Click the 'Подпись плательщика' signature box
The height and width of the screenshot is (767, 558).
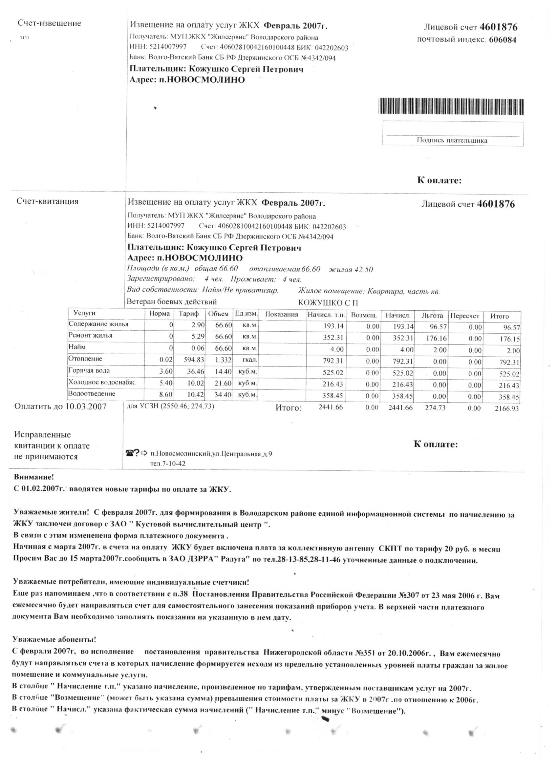pyautogui.click(x=453, y=134)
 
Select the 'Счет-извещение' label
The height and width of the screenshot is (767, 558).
pyautogui.click(x=50, y=23)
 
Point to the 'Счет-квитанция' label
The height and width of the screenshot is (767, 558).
pyautogui.click(x=47, y=201)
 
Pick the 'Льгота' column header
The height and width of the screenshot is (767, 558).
pyautogui.click(x=432, y=316)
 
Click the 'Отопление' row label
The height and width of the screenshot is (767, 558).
pyautogui.click(x=85, y=359)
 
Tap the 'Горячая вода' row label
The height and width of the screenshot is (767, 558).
pyautogui.click(x=89, y=370)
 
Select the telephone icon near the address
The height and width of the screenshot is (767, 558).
pyautogui.click(x=129, y=452)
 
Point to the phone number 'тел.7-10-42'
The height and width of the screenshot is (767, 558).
pyautogui.click(x=168, y=463)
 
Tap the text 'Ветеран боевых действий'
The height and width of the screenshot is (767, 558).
pyautogui.click(x=172, y=302)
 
